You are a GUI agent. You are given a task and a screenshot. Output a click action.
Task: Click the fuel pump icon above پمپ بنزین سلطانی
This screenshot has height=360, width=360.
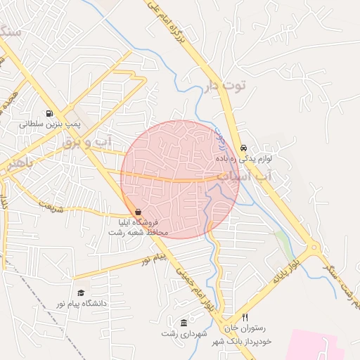coord(49,113)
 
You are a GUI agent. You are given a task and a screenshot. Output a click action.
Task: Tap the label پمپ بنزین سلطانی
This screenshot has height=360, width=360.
coord(51,124)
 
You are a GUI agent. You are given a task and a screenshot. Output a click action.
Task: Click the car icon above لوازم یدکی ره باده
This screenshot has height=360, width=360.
coord(243,148)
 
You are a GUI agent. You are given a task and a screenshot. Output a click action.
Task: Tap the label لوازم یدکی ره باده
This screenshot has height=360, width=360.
coord(264,159)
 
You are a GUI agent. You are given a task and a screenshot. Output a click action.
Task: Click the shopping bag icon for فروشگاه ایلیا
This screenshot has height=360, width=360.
coord(137,212)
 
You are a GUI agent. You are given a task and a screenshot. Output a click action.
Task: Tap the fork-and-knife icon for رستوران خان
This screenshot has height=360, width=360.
coord(245,317)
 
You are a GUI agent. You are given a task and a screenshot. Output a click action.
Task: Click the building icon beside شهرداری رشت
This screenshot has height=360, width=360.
coord(184,323)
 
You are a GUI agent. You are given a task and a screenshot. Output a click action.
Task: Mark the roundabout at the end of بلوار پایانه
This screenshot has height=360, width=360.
coord(313,249)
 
